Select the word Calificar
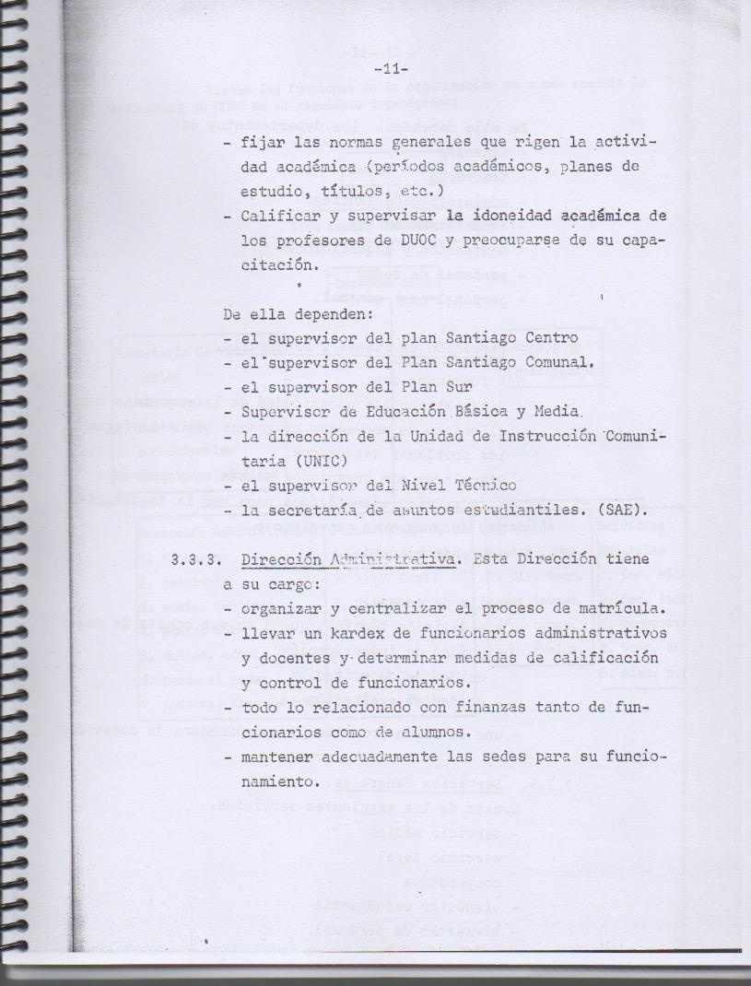tap(276, 216)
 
